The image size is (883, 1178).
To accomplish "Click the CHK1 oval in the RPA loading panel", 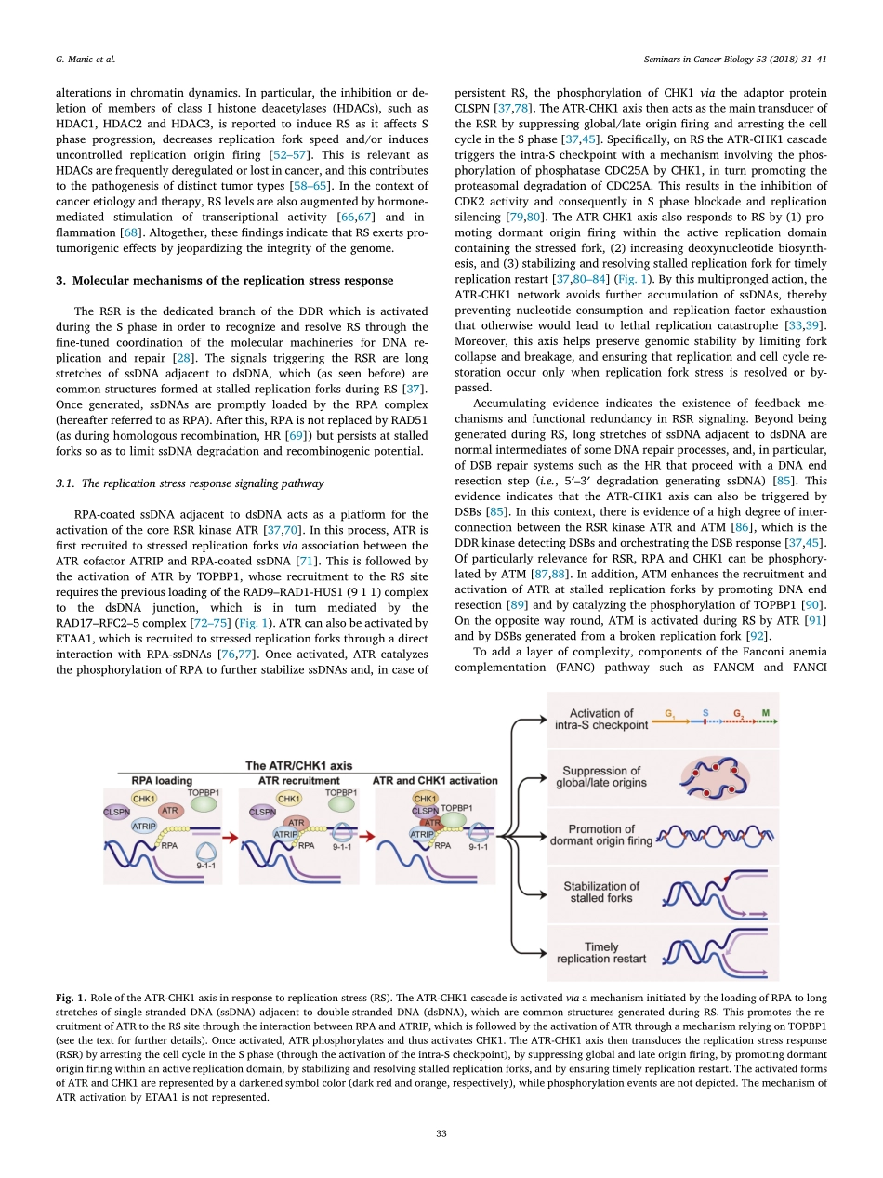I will (x=144, y=798).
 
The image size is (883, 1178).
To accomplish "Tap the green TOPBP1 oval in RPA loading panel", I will (x=203, y=801).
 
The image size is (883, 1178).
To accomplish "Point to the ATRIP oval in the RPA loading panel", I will (x=143, y=826).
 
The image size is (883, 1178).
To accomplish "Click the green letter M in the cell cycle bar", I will (x=765, y=713).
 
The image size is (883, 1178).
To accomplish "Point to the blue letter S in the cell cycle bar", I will (x=705, y=713).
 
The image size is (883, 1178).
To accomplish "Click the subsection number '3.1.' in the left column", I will (x=67, y=483).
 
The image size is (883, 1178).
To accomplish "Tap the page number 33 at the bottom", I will (x=441, y=1133).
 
